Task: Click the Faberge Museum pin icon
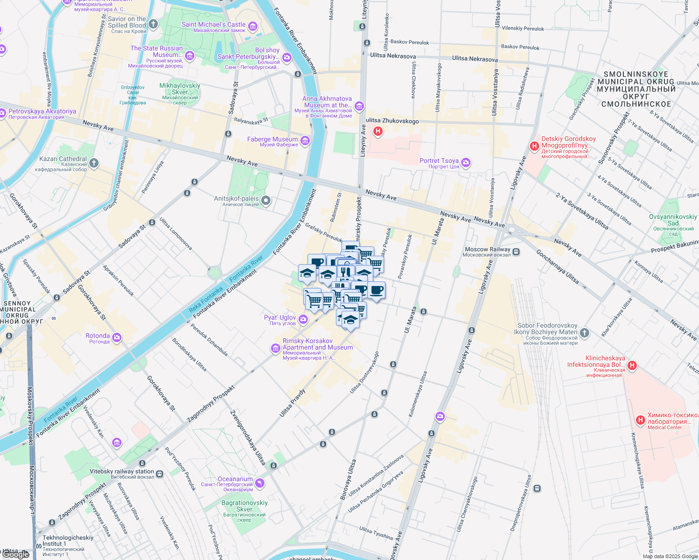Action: [x=305, y=140]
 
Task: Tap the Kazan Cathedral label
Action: [x=63, y=159]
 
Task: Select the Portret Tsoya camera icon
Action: [x=465, y=162]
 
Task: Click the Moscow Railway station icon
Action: [x=516, y=252]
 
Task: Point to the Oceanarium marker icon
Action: [x=260, y=483]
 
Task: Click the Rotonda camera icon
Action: [x=117, y=337]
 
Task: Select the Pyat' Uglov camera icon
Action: [x=303, y=319]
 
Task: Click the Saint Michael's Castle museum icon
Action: [x=253, y=26]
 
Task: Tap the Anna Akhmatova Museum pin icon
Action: [x=359, y=106]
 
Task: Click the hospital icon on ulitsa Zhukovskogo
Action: [x=378, y=132]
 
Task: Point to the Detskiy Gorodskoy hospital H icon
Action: [x=535, y=147]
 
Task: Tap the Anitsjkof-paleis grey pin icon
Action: [x=266, y=201]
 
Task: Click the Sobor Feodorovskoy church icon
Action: [x=585, y=333]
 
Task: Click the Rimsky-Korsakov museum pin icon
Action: [x=275, y=348]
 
